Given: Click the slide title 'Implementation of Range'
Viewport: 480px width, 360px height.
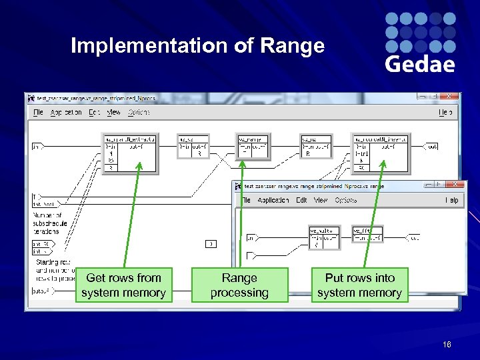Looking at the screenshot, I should tap(197, 46).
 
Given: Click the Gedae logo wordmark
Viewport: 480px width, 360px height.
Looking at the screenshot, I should tap(420, 64).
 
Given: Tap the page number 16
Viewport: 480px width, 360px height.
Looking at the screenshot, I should tap(447, 345).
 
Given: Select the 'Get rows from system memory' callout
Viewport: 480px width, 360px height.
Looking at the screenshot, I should tap(123, 285).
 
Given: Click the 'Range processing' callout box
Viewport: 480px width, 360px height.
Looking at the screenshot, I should tap(239, 285).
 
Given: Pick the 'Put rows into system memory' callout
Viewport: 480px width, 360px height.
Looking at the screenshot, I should tap(359, 285).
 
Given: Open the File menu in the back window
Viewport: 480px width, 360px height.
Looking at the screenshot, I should tap(38, 113).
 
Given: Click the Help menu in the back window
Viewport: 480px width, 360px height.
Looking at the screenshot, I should tap(445, 113).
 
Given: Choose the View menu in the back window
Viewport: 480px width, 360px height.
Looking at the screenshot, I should tap(113, 113).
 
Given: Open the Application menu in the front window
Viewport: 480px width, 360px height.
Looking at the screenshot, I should tap(273, 200).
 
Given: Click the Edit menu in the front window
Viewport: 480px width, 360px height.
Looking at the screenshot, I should tap(302, 200).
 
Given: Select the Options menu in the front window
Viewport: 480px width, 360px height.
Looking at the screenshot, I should tap(345, 200).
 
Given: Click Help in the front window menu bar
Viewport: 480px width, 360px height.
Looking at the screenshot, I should tap(451, 200).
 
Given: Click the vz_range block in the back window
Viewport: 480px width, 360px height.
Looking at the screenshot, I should tap(253, 146).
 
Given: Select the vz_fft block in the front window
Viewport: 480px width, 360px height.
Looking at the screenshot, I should tap(367, 234).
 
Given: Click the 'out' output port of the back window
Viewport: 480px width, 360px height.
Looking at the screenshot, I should tap(431, 145).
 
